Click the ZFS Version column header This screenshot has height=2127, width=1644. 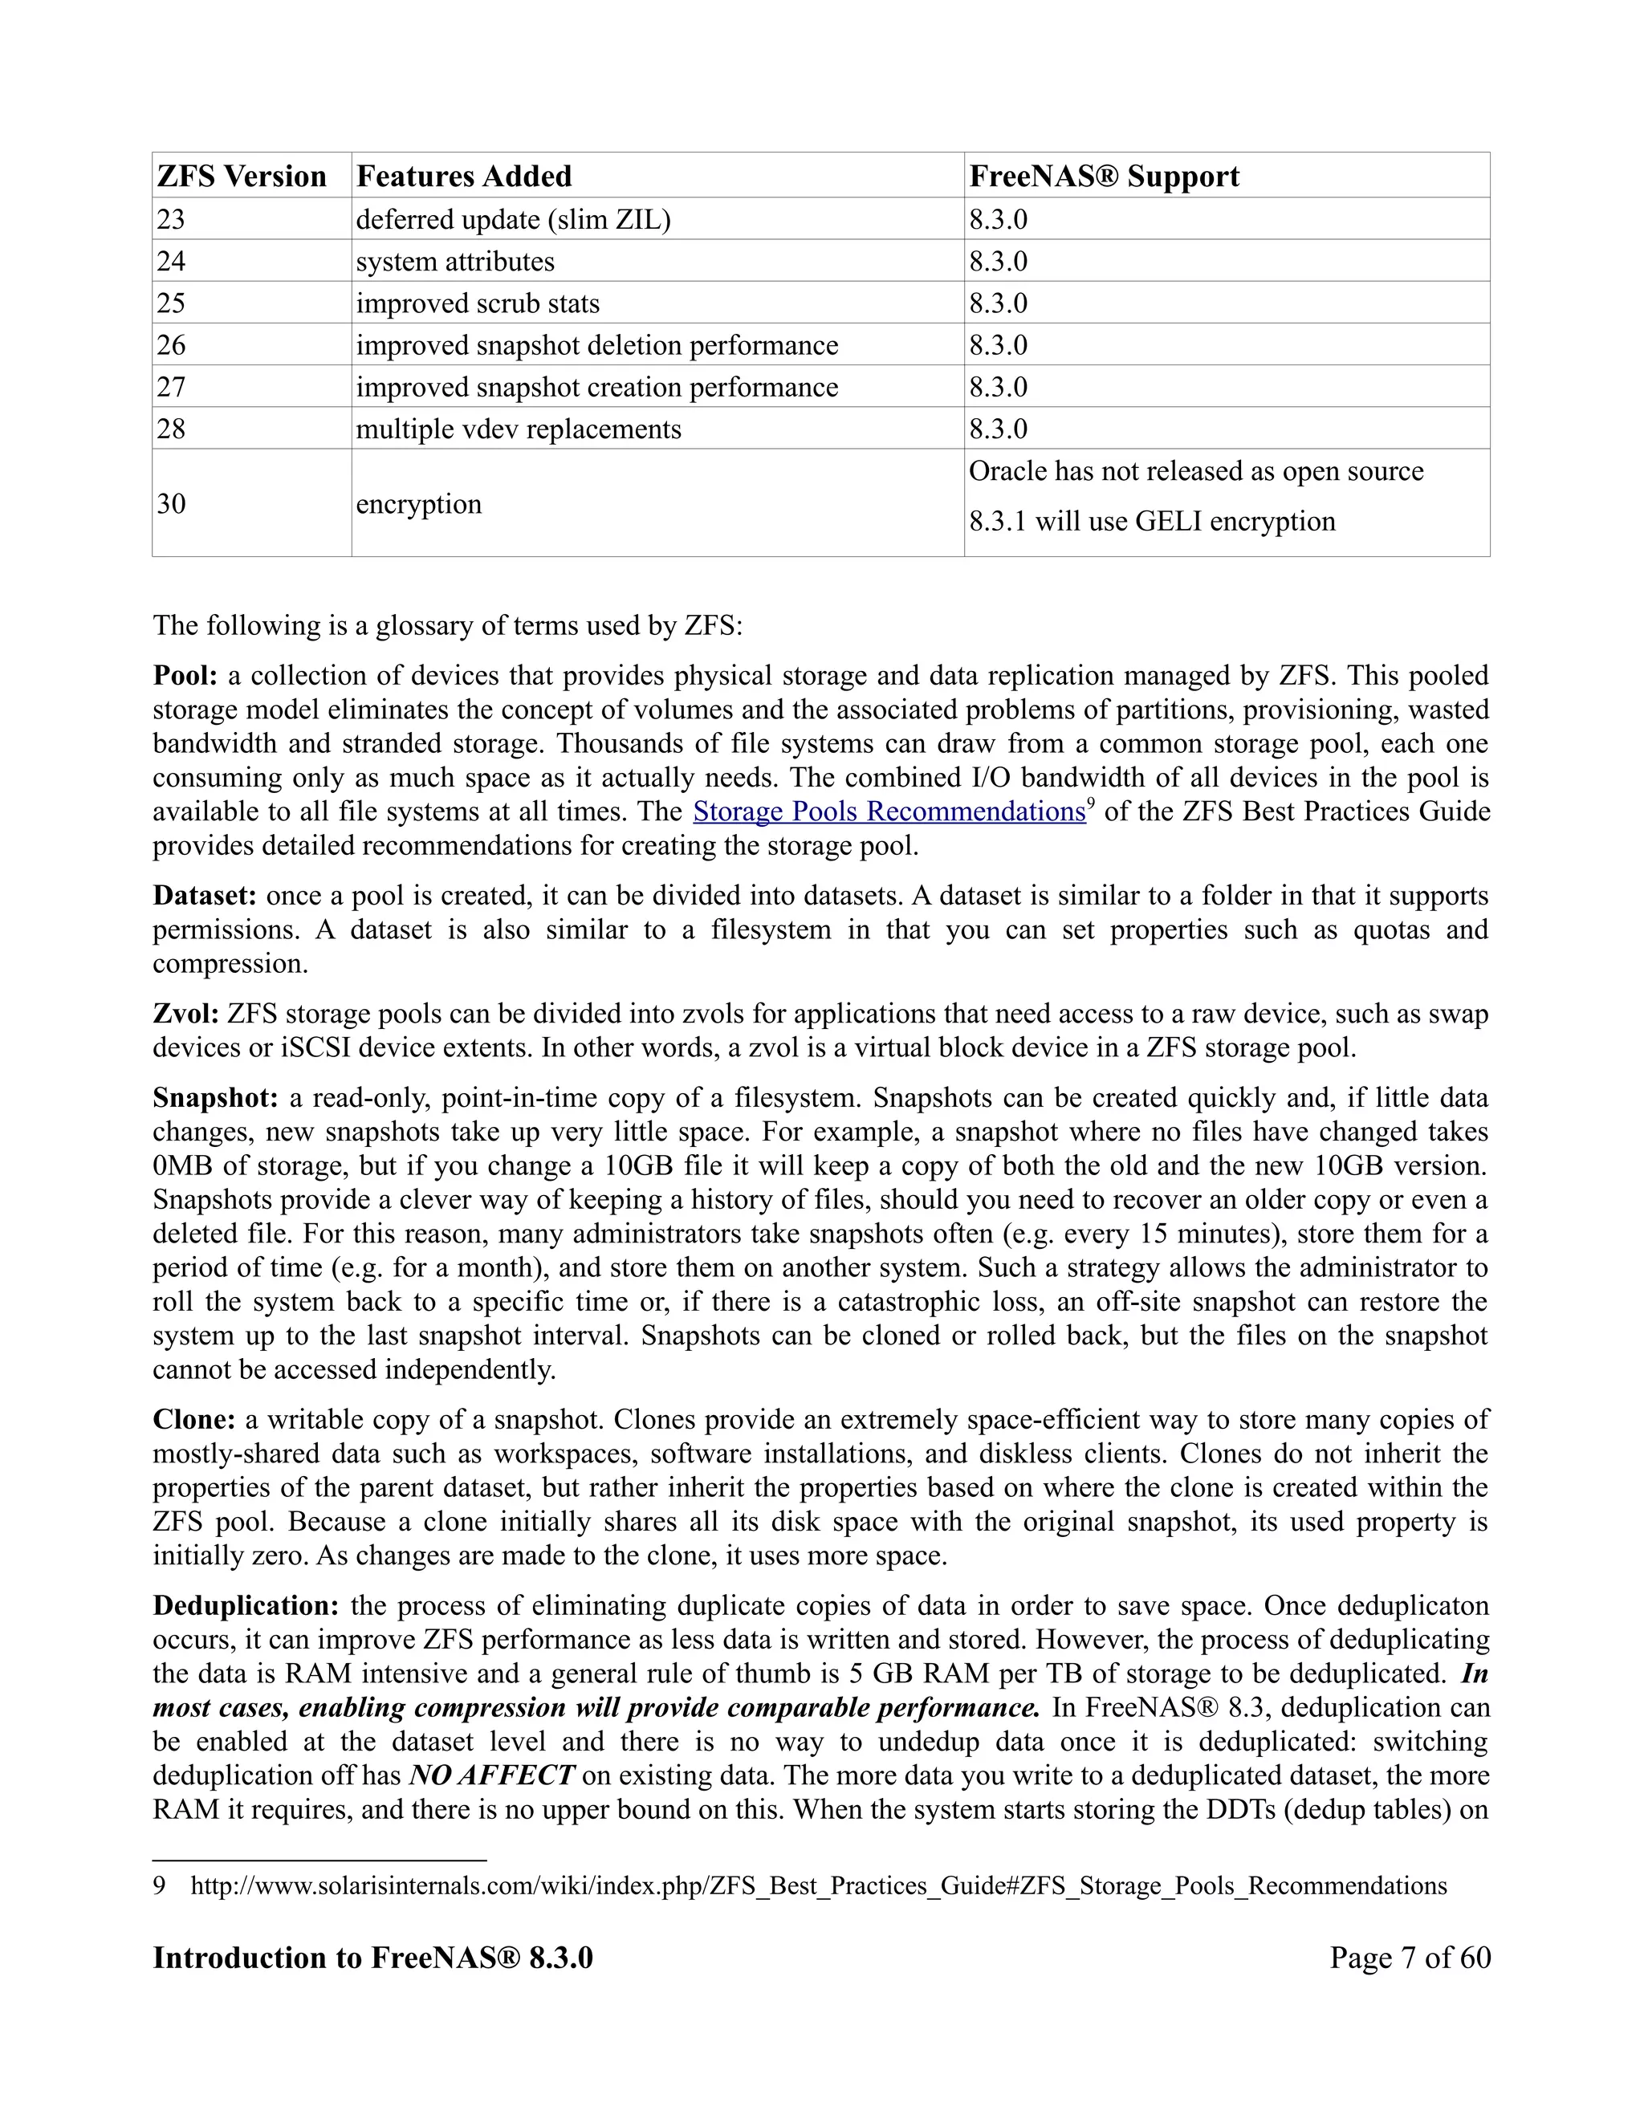[x=242, y=177]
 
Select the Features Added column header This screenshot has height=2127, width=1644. [x=464, y=177]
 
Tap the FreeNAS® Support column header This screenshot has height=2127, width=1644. [x=1104, y=177]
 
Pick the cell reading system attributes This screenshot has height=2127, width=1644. [x=455, y=262]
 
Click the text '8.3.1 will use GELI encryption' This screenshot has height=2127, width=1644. [x=1151, y=522]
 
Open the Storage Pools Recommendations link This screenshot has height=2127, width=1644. [x=889, y=812]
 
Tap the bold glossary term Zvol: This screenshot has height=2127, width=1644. [x=186, y=1015]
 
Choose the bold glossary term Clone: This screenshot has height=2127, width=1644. [x=193, y=1420]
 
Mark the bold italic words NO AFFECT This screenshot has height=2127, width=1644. [x=492, y=1775]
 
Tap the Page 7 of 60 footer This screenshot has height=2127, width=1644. [x=1410, y=1958]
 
